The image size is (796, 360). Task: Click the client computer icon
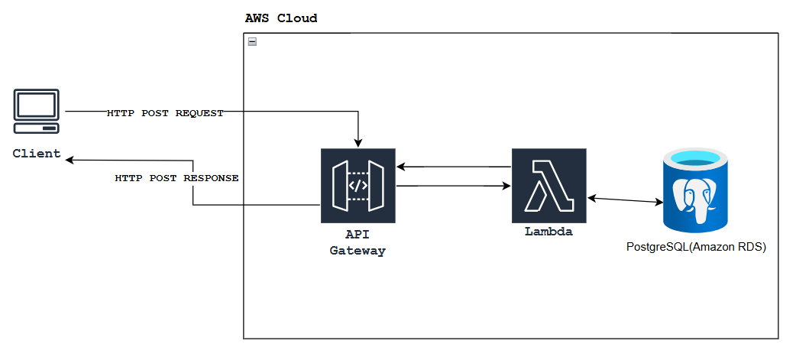point(37,113)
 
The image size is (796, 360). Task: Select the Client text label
point(37,154)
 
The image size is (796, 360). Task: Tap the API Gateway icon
point(358,186)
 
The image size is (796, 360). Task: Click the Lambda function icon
point(548,186)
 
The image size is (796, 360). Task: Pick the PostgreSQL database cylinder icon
point(695,191)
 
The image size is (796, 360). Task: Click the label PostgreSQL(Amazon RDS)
point(695,248)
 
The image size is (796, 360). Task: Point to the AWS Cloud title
point(280,18)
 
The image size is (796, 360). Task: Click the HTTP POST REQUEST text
point(165,113)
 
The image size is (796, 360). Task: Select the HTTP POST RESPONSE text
point(176,178)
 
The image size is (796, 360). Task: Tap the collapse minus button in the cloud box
point(252,42)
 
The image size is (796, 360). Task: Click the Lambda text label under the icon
point(548,232)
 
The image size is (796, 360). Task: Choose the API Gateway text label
point(358,243)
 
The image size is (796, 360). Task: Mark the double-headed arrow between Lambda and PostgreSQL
point(625,200)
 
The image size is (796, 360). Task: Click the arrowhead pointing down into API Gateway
point(358,143)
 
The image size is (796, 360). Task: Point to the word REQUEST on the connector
point(199,113)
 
